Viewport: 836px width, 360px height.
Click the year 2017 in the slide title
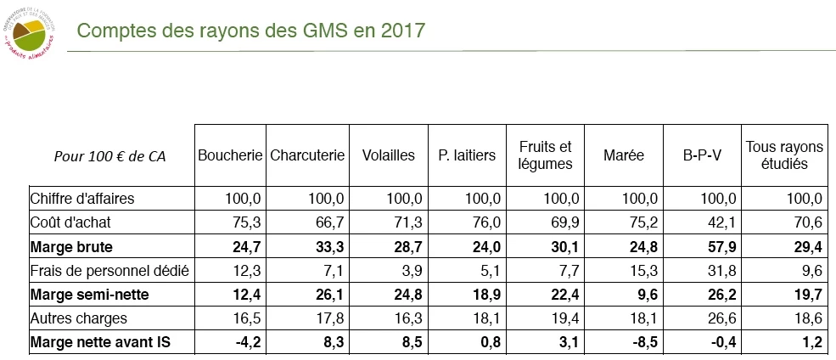pos(403,31)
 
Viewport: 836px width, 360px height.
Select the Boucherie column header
pos(230,155)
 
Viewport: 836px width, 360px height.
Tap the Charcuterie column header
pos(307,155)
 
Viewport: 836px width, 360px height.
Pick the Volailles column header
pos(388,155)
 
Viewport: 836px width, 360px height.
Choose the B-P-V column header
pos(701,155)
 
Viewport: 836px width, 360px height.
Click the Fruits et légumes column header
pos(546,155)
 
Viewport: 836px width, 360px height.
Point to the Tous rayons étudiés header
pos(783,155)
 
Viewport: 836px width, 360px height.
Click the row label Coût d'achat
pos(72,222)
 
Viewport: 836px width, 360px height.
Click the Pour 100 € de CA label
pos(109,156)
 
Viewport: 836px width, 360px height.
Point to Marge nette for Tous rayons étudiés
pos(811,343)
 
